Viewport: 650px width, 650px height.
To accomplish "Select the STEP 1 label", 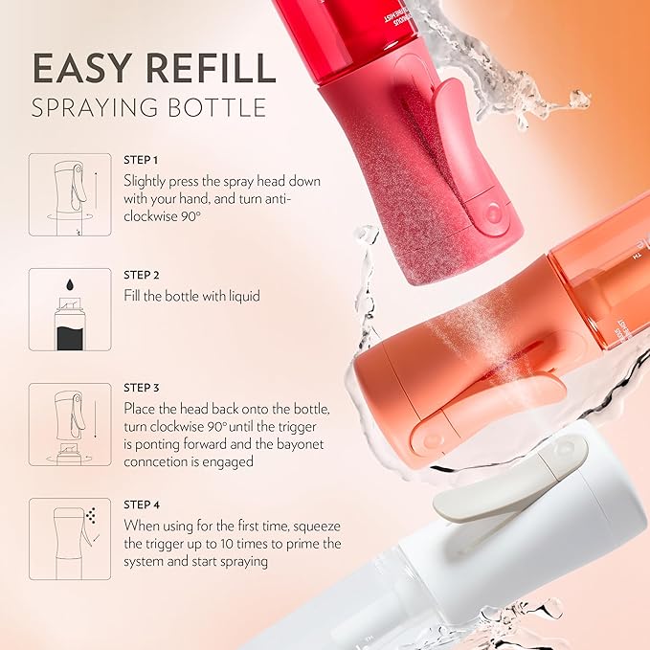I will click(141, 159).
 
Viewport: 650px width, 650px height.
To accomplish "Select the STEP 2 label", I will click(141, 275).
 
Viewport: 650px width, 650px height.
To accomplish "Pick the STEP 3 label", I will click(141, 388).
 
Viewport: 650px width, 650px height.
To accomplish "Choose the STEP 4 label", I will click(141, 504).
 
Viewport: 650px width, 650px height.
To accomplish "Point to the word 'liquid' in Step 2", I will click(241, 296).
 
